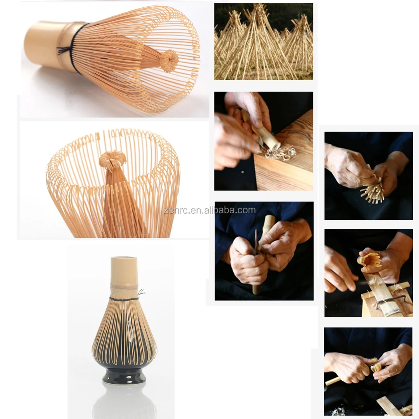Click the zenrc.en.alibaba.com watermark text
[209, 210]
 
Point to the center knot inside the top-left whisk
[169, 61]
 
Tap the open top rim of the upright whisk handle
[124, 259]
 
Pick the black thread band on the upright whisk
[124, 299]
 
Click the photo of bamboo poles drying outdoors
[263, 41]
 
